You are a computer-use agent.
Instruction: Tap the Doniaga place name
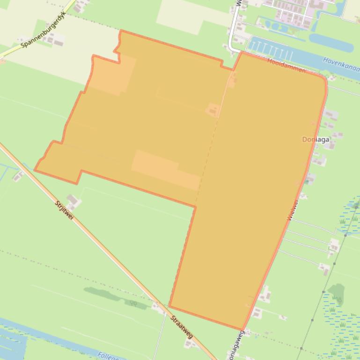pos(316,139)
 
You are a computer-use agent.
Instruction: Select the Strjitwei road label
pos(64,211)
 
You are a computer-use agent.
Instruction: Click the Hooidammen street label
pos(287,65)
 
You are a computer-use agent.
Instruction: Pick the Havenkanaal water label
pos(341,66)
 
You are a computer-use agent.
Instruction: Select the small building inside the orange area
pos(213,110)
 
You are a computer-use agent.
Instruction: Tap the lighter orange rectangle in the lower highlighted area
pos(166,170)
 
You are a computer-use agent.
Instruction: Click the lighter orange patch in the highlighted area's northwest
pos(113,75)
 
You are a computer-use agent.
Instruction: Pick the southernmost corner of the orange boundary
pos(242,330)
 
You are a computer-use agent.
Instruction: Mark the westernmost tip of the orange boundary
pos(35,171)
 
